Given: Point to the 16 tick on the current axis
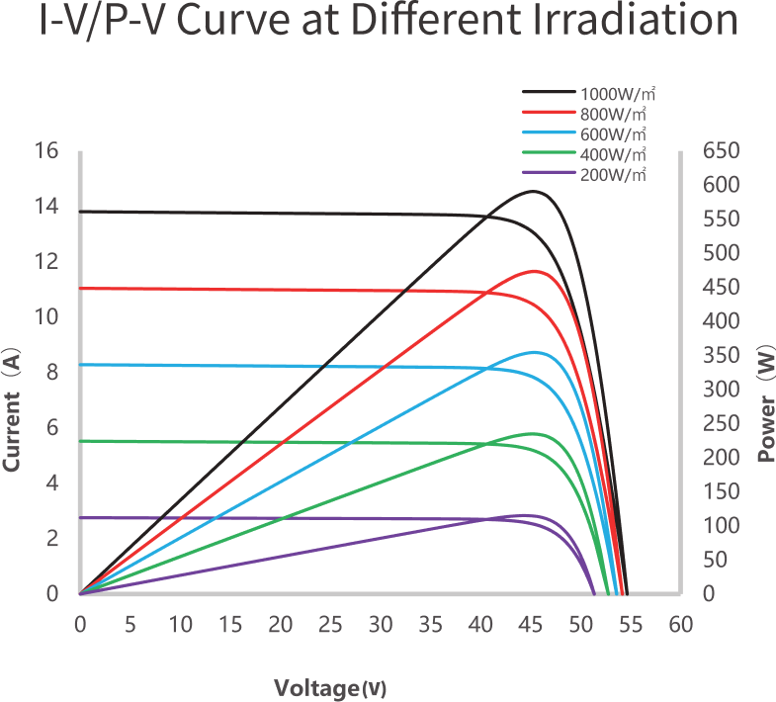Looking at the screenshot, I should click(47, 151).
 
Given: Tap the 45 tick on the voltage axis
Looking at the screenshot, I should click(530, 625).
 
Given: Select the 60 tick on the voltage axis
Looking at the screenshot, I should click(680, 625).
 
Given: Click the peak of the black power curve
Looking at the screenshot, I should click(534, 191).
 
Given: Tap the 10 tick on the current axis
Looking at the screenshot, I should click(47, 317).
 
